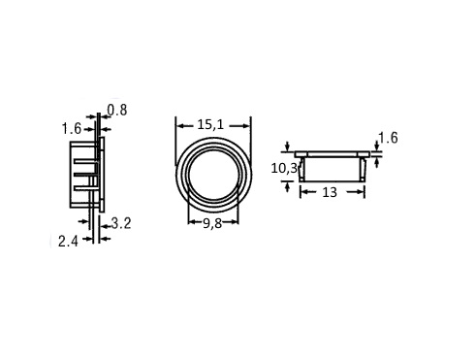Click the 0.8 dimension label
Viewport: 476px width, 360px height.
117,111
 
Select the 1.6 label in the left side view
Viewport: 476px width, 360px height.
72,129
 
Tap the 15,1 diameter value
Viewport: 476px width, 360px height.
210,124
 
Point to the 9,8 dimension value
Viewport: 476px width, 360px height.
212,223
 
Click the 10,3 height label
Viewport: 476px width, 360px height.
284,168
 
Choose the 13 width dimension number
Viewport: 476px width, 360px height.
330,192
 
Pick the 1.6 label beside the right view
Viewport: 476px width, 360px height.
388,138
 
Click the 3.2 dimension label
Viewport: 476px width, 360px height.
121,223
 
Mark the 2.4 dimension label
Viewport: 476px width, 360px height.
68,242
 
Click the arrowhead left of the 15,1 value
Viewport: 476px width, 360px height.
179,126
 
